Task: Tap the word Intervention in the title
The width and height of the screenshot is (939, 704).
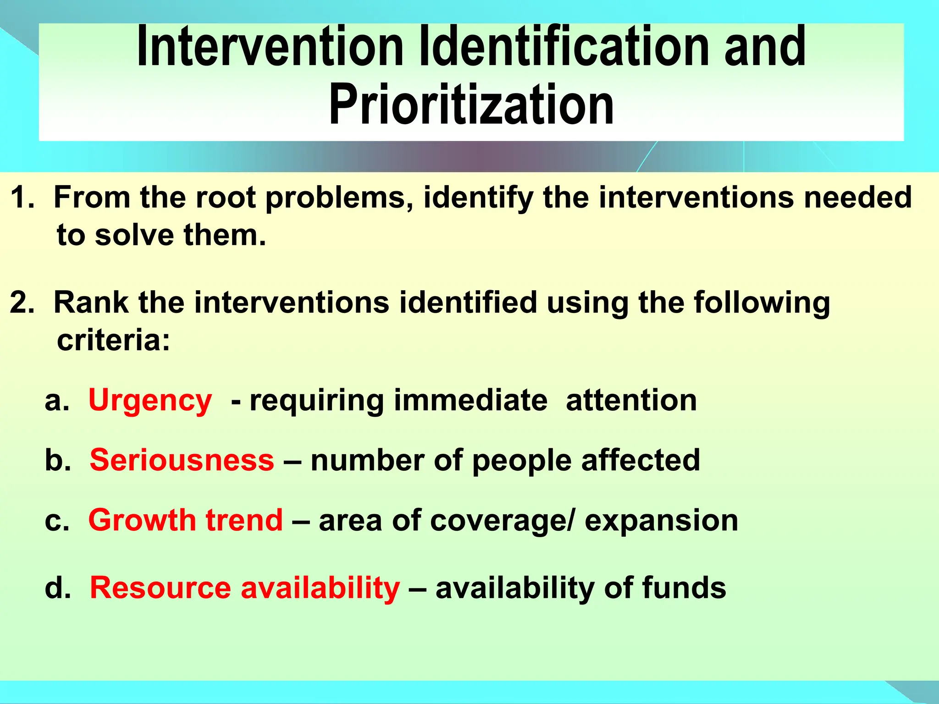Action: coord(270,47)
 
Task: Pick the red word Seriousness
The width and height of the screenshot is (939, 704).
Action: coord(182,460)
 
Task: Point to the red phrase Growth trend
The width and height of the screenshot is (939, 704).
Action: coord(186,520)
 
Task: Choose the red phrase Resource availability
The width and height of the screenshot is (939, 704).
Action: coord(245,588)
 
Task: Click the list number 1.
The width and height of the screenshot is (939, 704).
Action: coord(21,198)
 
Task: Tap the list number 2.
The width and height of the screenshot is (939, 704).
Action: coord(21,303)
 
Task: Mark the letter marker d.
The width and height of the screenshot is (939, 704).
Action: coord(57,588)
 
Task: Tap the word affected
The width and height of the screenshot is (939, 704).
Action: coord(641,460)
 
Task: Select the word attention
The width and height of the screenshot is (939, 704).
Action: coord(631,400)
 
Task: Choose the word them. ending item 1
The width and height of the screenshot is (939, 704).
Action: coord(225,235)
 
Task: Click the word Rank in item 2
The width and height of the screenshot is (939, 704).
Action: coord(91,303)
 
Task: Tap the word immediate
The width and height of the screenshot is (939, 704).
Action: coord(470,400)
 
